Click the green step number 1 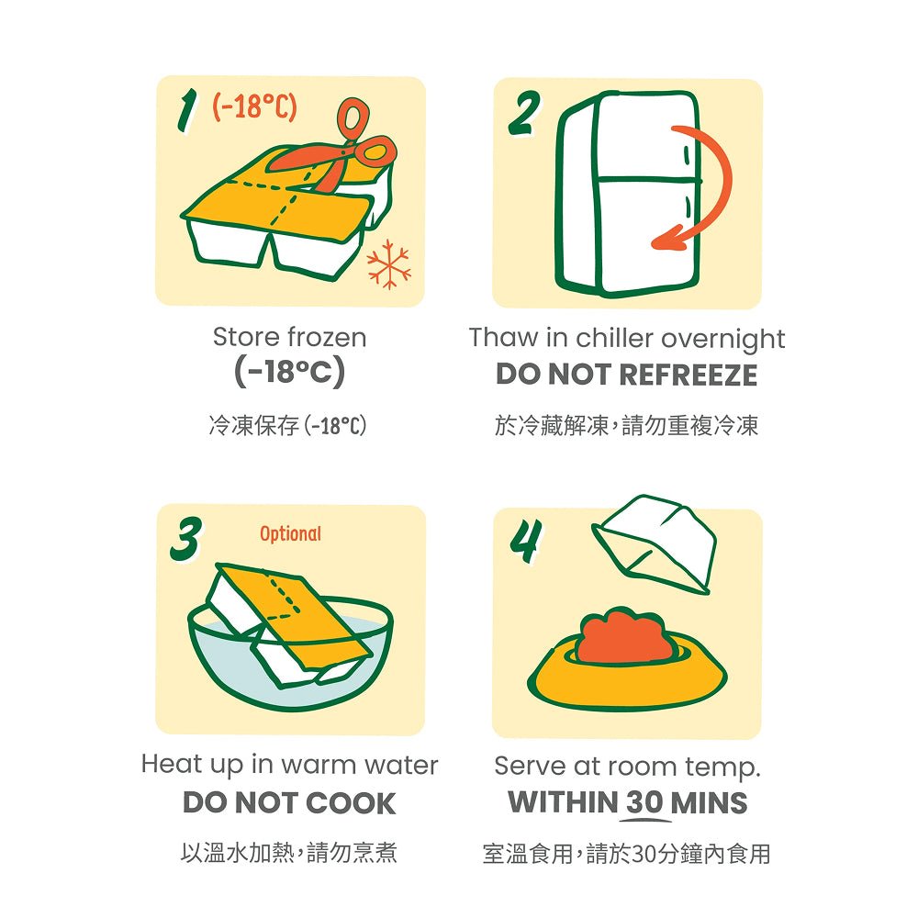(x=186, y=114)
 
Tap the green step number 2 (x=523, y=113)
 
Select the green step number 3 (x=186, y=539)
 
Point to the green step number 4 (x=525, y=541)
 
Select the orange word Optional (x=290, y=534)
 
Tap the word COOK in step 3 (x=351, y=802)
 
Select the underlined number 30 (x=644, y=802)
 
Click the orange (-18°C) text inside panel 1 (x=254, y=106)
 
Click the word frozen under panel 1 (x=328, y=337)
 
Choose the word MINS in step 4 (x=709, y=802)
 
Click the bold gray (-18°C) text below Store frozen (x=289, y=372)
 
